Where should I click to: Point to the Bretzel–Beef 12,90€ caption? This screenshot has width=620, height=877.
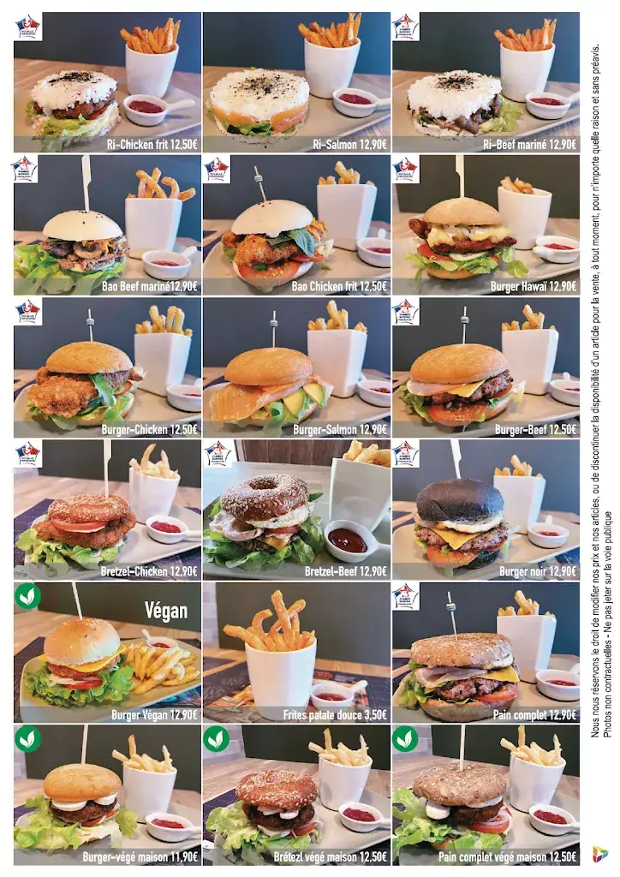[x=344, y=570]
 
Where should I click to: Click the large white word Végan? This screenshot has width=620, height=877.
[x=165, y=610]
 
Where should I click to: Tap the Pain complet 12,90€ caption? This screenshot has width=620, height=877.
[x=538, y=713]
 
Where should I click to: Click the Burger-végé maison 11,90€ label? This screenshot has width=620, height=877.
[x=141, y=855]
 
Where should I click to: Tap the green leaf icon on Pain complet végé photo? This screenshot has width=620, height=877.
[x=405, y=738]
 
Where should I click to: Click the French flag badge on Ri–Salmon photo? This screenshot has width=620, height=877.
[x=217, y=27]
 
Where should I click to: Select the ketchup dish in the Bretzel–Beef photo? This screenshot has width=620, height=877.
[x=347, y=540]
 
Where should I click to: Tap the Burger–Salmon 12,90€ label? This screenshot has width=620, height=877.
[x=343, y=429]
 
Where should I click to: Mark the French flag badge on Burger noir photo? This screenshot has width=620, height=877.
[x=405, y=454]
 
